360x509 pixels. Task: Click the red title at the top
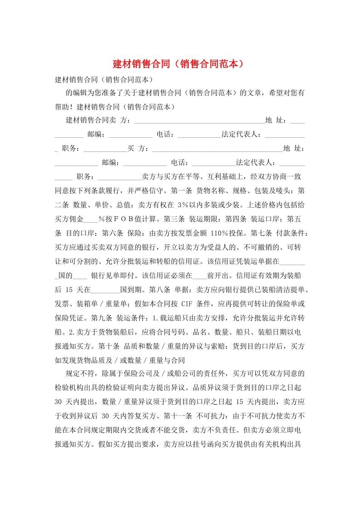178,64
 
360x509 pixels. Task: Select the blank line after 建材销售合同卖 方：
199,121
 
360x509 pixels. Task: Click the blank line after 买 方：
218,149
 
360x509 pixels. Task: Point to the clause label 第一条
182,191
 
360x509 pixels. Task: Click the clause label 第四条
236,219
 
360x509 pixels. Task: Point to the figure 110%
220,233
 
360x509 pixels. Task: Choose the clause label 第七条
261,233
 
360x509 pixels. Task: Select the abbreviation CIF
187,304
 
